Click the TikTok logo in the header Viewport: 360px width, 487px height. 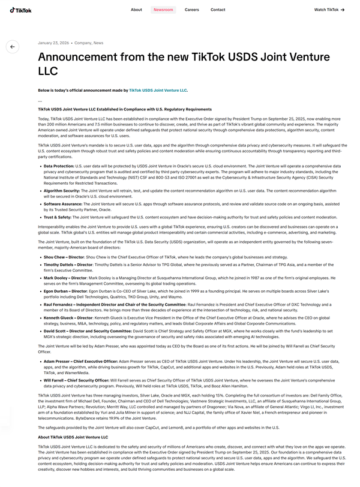(21, 10)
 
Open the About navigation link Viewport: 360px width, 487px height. (136, 10)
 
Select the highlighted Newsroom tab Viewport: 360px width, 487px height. (163, 10)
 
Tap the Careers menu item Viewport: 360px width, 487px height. (192, 10)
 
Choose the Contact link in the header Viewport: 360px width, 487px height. (218, 10)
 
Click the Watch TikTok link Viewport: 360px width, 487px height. (329, 10)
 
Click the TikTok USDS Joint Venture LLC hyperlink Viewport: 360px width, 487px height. (158, 90)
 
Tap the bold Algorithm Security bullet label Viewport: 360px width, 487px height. (61, 190)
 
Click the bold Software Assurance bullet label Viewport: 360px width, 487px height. (62, 203)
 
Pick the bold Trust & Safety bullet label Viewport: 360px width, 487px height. (58, 217)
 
